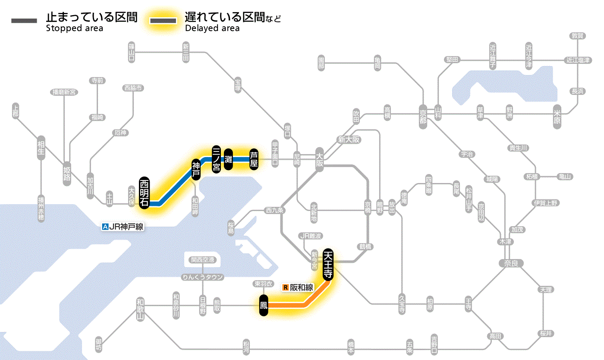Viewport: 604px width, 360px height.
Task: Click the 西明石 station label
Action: click(x=144, y=193)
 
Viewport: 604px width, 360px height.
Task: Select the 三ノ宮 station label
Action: click(x=217, y=158)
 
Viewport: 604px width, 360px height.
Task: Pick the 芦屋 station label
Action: click(x=254, y=158)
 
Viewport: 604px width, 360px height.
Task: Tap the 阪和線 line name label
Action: click(x=301, y=287)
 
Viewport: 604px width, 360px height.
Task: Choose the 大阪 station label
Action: click(x=320, y=159)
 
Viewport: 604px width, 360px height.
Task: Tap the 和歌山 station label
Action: click(x=140, y=309)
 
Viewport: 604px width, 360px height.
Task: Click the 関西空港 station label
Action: click(x=202, y=260)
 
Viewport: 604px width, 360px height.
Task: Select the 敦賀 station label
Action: click(x=578, y=36)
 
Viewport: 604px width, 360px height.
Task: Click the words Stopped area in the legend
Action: click(x=74, y=28)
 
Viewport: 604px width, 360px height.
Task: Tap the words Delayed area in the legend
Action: click(x=212, y=28)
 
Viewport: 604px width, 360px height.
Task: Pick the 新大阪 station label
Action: click(x=349, y=139)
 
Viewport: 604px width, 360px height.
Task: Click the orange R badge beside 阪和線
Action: click(x=285, y=287)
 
